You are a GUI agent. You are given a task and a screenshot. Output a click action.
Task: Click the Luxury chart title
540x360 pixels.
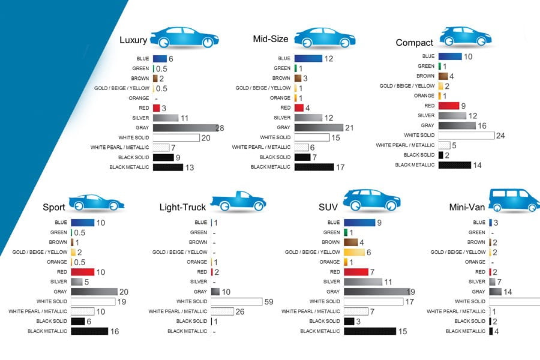tap(133, 40)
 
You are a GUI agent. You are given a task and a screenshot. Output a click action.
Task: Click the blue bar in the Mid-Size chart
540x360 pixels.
tap(308, 58)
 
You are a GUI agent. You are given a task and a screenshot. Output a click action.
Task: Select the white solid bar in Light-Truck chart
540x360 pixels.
tap(236, 301)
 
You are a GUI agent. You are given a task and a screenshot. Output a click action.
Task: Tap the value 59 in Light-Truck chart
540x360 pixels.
tap(269, 301)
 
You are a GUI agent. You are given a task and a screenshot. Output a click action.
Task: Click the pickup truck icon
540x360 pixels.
tap(237, 202)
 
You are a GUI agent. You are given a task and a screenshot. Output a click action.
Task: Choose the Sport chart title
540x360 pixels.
tap(54, 208)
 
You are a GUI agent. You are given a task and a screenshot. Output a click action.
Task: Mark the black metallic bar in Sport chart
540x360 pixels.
tap(89, 331)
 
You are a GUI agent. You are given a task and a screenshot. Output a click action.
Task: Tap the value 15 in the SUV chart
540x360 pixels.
tap(403, 331)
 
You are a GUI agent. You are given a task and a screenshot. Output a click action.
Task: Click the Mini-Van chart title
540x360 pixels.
tap(467, 208)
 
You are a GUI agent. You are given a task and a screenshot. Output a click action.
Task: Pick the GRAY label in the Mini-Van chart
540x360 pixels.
tap(478, 292)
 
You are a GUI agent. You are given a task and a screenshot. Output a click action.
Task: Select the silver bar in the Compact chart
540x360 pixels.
tap(452, 115)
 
